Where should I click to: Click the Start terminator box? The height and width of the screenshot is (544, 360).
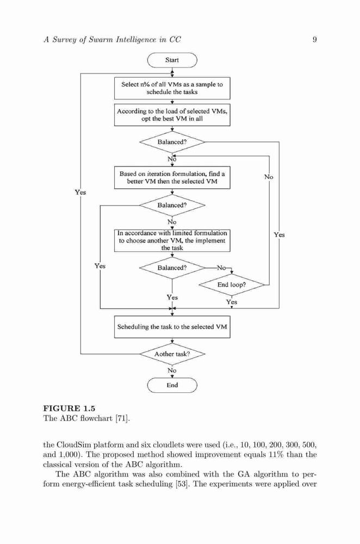coord(172,60)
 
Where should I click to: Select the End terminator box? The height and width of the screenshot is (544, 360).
coord(172,385)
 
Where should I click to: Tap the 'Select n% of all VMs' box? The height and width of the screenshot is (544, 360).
coord(172,88)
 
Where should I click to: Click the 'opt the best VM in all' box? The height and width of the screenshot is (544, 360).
coord(172,115)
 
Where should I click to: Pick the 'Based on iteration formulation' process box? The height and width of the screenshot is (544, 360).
coord(172,178)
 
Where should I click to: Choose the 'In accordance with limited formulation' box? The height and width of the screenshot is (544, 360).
coord(172,240)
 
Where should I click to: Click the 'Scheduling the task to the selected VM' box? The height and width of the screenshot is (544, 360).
coord(172,327)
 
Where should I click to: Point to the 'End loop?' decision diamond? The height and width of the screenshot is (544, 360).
coord(231,285)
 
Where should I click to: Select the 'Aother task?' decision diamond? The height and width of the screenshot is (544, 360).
coord(172,354)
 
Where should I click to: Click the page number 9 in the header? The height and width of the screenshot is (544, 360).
coord(314,40)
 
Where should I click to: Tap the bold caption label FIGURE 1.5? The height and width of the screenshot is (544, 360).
coord(69,409)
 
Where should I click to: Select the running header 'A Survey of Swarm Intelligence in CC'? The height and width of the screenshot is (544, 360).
coord(112,40)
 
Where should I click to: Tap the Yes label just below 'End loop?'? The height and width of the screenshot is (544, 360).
coord(232,302)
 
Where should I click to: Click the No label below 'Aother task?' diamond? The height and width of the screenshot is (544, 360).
coord(172,370)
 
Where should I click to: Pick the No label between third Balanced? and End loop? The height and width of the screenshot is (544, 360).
coord(221,268)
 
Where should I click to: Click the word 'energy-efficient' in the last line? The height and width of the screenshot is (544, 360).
coord(83,484)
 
